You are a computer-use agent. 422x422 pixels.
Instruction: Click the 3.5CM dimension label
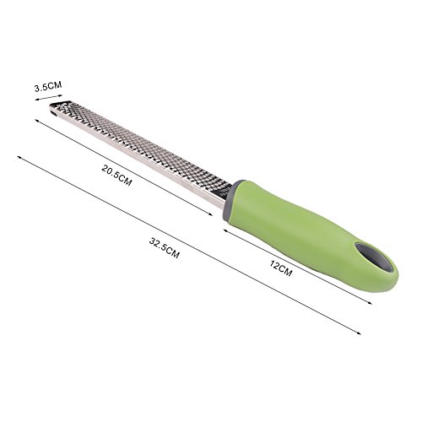click(x=48, y=86)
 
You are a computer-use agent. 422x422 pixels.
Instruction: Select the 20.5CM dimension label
click(x=116, y=176)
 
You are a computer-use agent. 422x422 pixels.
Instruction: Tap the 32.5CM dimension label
click(x=164, y=248)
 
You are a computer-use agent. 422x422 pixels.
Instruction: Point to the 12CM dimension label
click(x=281, y=268)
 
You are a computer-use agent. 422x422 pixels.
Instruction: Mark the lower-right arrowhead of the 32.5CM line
click(x=359, y=333)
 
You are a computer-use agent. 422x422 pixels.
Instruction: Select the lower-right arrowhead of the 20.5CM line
click(x=210, y=214)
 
